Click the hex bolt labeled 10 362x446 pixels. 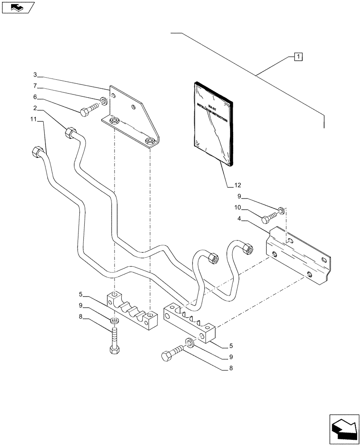[270, 217]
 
